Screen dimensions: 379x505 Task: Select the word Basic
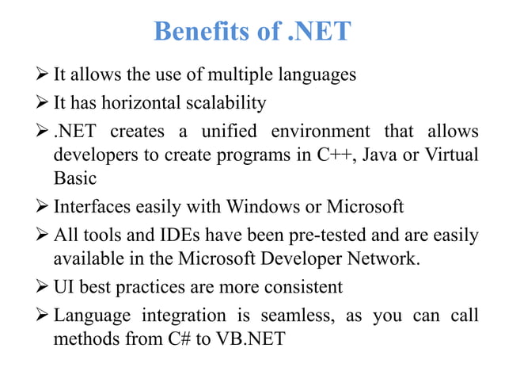pyautogui.click(x=74, y=179)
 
